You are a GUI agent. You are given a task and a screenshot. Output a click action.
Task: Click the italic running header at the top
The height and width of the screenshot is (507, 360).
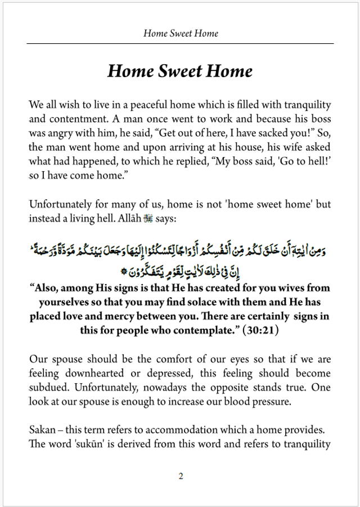click(x=181, y=33)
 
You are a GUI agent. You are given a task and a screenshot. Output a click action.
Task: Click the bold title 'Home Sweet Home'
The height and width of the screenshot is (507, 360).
click(x=180, y=71)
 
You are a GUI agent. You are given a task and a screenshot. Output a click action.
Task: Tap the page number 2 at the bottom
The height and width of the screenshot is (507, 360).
click(x=181, y=476)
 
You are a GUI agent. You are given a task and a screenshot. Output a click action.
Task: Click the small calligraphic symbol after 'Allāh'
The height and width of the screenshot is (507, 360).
click(x=148, y=217)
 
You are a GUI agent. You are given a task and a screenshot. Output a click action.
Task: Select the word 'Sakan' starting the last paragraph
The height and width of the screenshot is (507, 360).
click(x=41, y=430)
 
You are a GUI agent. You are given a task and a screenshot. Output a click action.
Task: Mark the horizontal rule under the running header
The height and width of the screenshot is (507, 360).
click(x=181, y=43)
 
